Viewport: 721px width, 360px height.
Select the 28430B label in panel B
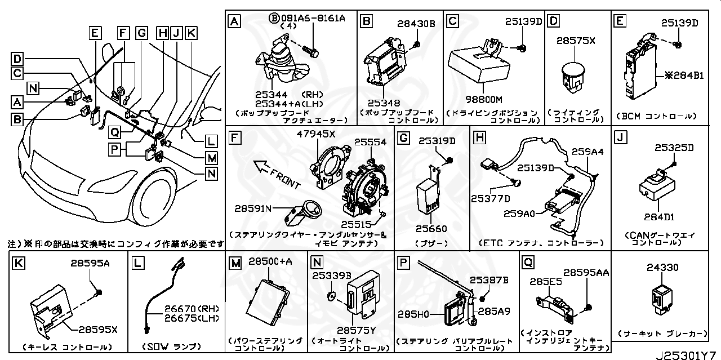(x=416, y=24)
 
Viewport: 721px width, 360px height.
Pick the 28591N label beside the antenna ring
(x=253, y=208)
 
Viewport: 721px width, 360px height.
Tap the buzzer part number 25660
(x=431, y=229)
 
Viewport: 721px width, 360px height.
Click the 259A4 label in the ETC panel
(x=588, y=152)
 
